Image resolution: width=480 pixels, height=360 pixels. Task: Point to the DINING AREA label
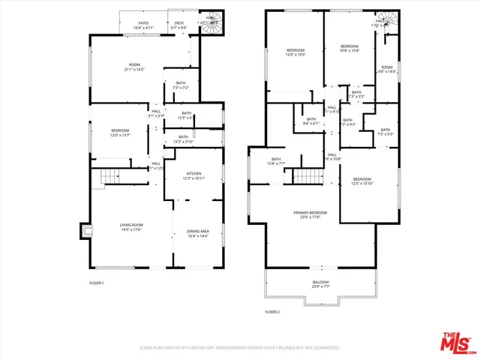click(198, 233)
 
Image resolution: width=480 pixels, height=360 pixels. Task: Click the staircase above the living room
click(110, 176)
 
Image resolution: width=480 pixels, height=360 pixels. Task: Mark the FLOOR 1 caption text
click(97, 283)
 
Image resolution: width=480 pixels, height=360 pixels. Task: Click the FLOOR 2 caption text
click(272, 310)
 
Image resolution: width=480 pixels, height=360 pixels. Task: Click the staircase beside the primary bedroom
click(307, 176)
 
